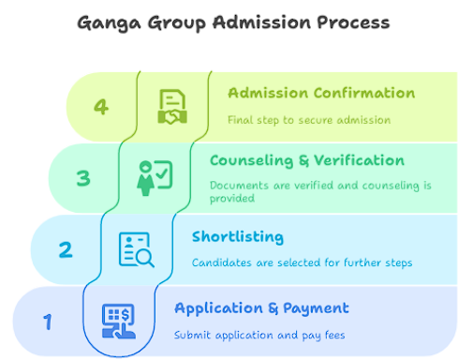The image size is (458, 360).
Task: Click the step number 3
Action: [82, 176]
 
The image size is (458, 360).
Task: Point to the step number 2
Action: [66, 249]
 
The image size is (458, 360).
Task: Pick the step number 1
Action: [47, 322]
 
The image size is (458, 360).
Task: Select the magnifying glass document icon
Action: [136, 249]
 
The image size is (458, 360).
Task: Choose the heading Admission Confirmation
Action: [321, 93]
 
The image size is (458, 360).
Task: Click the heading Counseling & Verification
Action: [307, 160]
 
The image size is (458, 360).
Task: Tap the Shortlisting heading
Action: [238, 236]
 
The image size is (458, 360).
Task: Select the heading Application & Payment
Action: [261, 307]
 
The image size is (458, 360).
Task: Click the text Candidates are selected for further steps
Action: [302, 262]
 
